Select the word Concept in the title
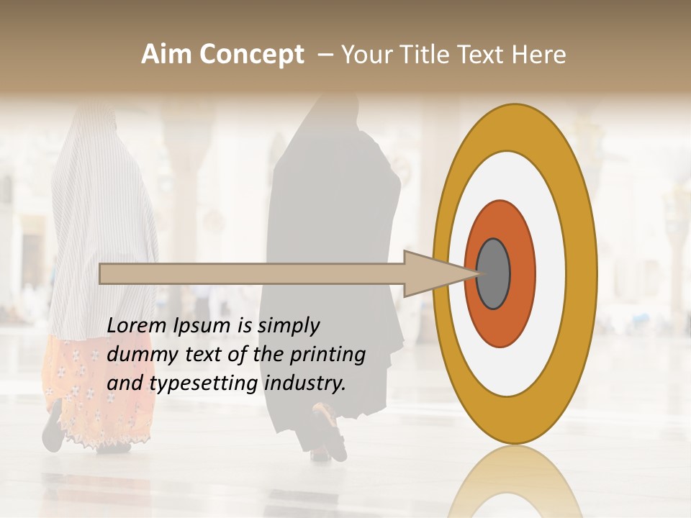click(251, 55)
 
